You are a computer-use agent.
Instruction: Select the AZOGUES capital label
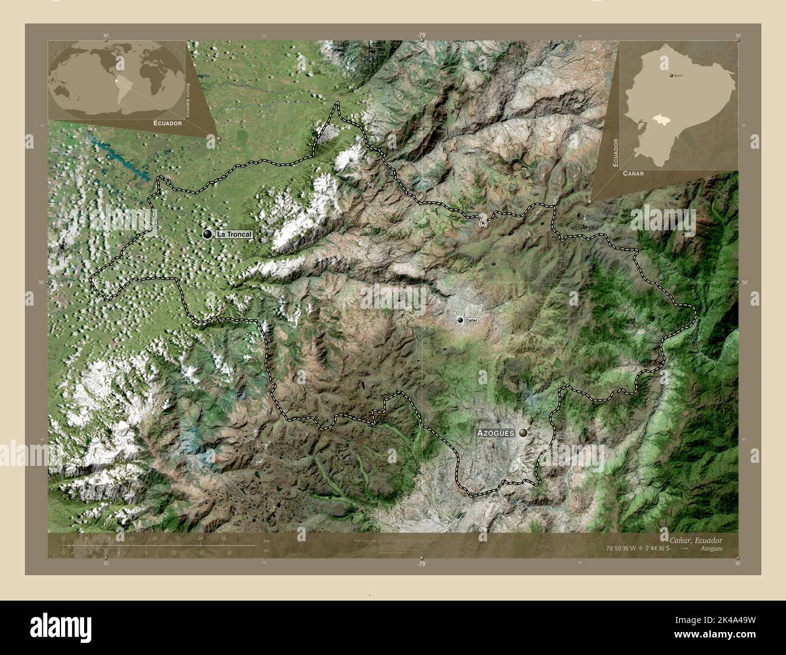tap(495, 433)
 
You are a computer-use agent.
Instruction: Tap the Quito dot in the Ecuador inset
tap(672, 76)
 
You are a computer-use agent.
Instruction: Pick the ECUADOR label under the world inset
tap(167, 123)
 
